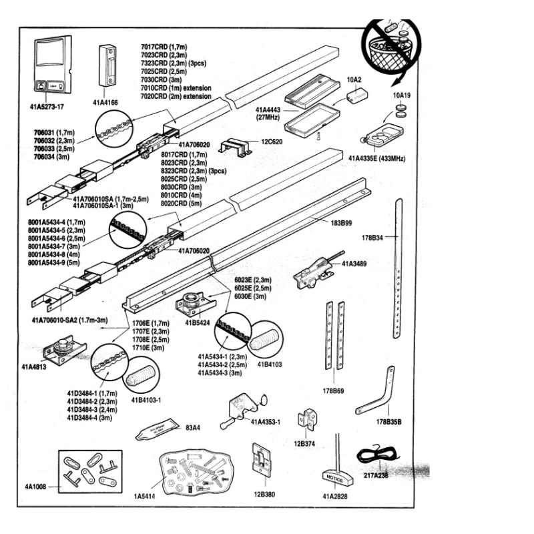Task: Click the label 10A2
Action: (x=354, y=79)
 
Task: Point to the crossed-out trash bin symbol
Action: (x=391, y=48)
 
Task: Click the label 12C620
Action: (x=272, y=142)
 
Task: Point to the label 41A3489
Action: (x=354, y=264)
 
